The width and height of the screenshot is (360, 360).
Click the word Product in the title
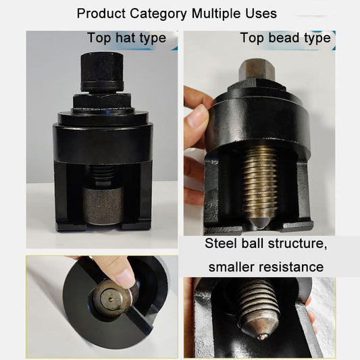pos(99,13)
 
